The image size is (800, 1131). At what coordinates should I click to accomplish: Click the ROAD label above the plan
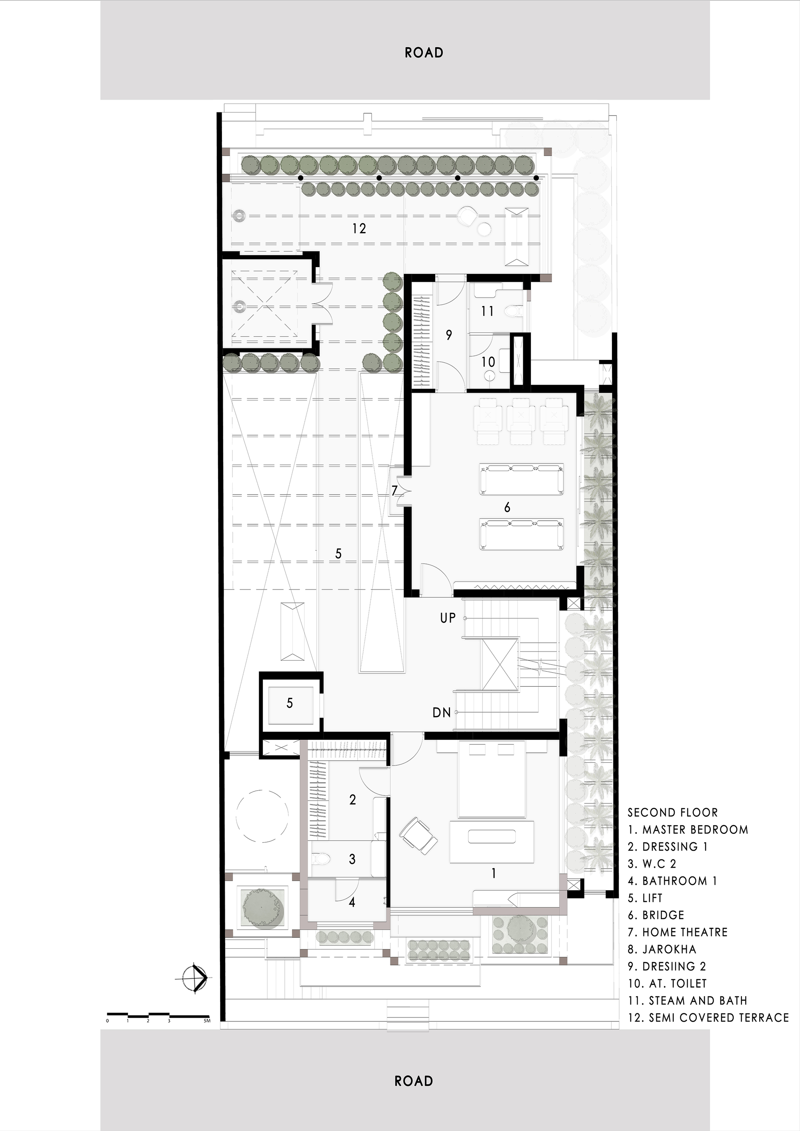coord(424,53)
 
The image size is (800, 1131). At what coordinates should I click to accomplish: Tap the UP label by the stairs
coord(448,618)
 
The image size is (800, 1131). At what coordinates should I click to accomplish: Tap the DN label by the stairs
coord(442,712)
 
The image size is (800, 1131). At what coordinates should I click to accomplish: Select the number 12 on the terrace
coord(359,229)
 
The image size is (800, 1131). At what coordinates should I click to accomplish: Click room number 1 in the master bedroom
coord(494,873)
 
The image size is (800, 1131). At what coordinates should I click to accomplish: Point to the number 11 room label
coord(488,311)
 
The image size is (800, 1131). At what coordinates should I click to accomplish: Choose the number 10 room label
coord(488,362)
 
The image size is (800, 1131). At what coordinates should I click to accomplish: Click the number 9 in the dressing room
coord(449,336)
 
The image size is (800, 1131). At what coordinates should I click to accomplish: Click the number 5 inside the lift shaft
coord(290,703)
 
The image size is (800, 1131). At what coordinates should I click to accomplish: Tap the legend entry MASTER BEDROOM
coord(688,830)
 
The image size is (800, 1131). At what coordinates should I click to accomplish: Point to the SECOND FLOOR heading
coord(672,813)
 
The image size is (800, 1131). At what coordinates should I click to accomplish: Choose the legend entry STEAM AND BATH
coord(688,1001)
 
